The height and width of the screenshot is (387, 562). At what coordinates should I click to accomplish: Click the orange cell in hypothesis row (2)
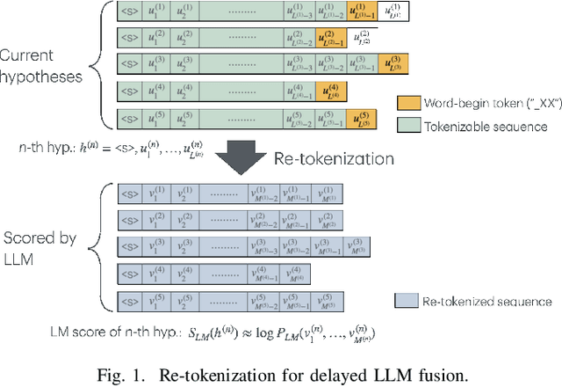(x=328, y=39)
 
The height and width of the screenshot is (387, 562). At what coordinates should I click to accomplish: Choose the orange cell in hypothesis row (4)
(x=328, y=91)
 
